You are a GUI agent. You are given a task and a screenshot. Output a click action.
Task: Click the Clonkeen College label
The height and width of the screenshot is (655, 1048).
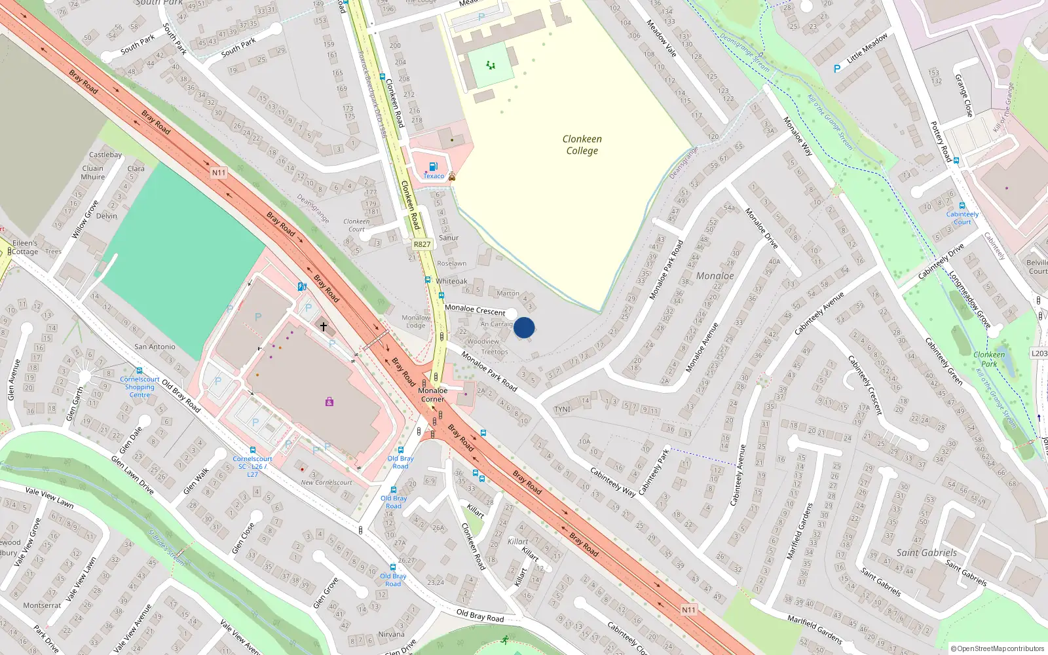pyautogui.click(x=582, y=145)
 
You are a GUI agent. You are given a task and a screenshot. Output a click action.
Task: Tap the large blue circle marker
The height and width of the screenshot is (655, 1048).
pyautogui.click(x=524, y=327)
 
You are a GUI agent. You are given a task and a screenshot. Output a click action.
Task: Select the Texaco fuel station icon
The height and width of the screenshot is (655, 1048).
pyautogui.click(x=432, y=167)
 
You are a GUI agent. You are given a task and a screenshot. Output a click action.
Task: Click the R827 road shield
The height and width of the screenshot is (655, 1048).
pyautogui.click(x=422, y=244)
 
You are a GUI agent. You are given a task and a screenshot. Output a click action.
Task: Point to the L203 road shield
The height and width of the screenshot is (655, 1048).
pyautogui.click(x=1039, y=354)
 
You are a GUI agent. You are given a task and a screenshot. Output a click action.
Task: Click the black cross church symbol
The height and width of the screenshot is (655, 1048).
pyautogui.click(x=323, y=326)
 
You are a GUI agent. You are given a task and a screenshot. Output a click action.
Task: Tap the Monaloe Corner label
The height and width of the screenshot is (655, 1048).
pyautogui.click(x=432, y=394)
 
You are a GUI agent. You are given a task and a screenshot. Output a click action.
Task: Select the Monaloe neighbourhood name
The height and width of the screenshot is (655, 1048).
pyautogui.click(x=715, y=276)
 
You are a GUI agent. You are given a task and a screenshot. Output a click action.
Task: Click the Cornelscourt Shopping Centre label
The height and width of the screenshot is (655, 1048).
pyautogui.click(x=140, y=387)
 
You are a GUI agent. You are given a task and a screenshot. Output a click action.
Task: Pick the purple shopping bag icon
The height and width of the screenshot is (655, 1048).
pyautogui.click(x=329, y=402)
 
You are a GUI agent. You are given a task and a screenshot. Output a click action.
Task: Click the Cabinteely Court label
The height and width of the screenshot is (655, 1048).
pyautogui.click(x=962, y=218)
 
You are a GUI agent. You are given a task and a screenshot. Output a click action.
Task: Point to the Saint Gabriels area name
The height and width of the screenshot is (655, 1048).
pyautogui.click(x=926, y=553)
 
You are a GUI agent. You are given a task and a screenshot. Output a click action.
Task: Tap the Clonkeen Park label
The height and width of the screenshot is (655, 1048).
pyautogui.click(x=989, y=359)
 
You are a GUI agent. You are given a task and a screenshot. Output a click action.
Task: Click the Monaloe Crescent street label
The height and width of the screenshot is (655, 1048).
pyautogui.click(x=475, y=310)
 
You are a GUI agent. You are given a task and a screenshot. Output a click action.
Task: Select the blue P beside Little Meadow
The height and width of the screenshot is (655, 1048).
pyautogui.click(x=837, y=69)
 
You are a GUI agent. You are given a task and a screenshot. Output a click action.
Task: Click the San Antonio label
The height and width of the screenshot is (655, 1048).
pyautogui.click(x=155, y=346)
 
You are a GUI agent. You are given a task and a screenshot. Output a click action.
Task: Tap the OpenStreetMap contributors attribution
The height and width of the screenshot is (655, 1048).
pyautogui.click(x=998, y=648)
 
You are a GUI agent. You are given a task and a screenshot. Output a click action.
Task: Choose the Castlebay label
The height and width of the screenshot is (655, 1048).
pyautogui.click(x=105, y=155)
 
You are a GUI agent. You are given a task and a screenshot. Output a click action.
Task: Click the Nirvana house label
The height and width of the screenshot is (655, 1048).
pyautogui.click(x=391, y=634)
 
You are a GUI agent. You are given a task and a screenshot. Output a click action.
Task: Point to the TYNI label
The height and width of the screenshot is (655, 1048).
pyautogui.click(x=562, y=409)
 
